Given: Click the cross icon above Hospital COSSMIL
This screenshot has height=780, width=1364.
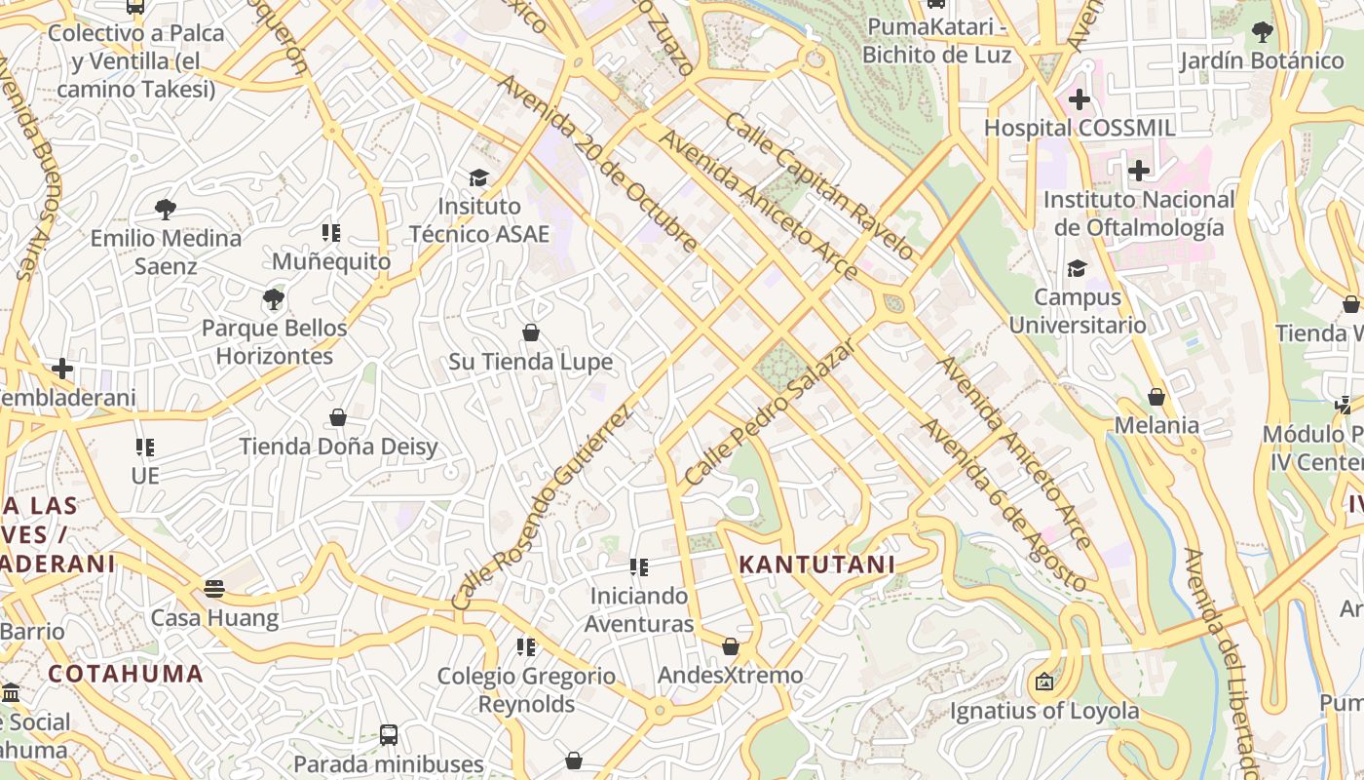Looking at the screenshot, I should [x=1079, y=98].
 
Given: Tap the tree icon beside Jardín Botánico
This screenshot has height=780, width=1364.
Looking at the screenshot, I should [x=1262, y=32].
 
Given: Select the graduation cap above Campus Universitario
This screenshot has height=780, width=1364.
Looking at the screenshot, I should [x=1077, y=268].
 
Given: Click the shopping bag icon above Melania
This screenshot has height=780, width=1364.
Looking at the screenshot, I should [x=1156, y=397].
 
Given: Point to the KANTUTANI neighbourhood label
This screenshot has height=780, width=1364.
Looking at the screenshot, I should [x=816, y=565].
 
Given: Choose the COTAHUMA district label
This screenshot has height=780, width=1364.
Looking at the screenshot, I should [x=126, y=674].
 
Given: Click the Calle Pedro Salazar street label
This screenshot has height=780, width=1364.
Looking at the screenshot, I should [x=770, y=411].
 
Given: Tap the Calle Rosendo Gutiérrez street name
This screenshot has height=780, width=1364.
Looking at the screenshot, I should [x=543, y=509].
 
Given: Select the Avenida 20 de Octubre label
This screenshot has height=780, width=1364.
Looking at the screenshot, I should [x=597, y=163].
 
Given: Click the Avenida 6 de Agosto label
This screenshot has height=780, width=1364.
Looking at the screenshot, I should [x=1004, y=505].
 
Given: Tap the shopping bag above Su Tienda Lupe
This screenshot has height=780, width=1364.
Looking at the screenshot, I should [x=531, y=333].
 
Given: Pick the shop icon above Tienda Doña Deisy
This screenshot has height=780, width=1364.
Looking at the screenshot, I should [x=338, y=418].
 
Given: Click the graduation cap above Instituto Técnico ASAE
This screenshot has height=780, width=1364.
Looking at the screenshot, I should [x=478, y=177].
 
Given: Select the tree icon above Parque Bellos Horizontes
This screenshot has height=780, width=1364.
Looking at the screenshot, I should [x=274, y=298].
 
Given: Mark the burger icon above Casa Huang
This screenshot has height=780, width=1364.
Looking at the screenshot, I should [x=214, y=588].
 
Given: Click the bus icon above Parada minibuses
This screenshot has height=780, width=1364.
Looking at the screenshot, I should [x=389, y=734].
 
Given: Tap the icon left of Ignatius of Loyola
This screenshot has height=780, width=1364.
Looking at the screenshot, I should [x=1044, y=682].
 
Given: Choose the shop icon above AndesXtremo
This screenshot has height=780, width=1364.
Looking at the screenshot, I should [x=731, y=646].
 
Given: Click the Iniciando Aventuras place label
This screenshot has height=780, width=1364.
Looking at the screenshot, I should [x=639, y=609].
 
